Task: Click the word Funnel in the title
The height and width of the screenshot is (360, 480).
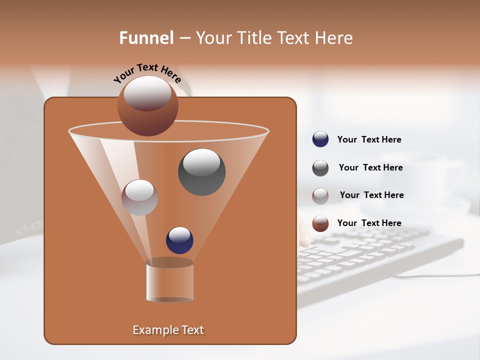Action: pyautogui.click(x=146, y=38)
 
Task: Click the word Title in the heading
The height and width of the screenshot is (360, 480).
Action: pyautogui.click(x=252, y=38)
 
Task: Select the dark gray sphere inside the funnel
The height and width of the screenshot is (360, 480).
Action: pyautogui.click(x=201, y=172)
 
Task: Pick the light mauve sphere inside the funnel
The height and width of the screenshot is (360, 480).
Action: pyautogui.click(x=139, y=197)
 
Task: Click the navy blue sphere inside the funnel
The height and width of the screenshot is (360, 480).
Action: pyautogui.click(x=179, y=240)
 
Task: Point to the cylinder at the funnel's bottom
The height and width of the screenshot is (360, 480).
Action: pyautogui.click(x=170, y=282)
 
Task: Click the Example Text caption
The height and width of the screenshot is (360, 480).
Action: pyautogui.click(x=168, y=330)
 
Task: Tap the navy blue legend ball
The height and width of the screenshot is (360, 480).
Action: pyautogui.click(x=320, y=139)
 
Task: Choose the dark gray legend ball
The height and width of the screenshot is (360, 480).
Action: pyautogui.click(x=320, y=168)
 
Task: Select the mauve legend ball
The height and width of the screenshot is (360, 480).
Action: pyautogui.click(x=320, y=196)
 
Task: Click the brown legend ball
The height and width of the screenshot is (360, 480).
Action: pyautogui.click(x=320, y=223)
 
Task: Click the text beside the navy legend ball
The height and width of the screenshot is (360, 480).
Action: pyautogui.click(x=369, y=139)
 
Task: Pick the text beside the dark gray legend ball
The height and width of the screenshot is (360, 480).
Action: pyautogui.click(x=370, y=167)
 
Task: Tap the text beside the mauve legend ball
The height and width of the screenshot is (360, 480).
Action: pyautogui.click(x=371, y=195)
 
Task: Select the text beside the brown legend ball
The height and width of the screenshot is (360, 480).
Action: pyautogui.click(x=369, y=223)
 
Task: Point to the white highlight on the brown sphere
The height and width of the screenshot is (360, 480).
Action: pyautogui.click(x=147, y=92)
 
